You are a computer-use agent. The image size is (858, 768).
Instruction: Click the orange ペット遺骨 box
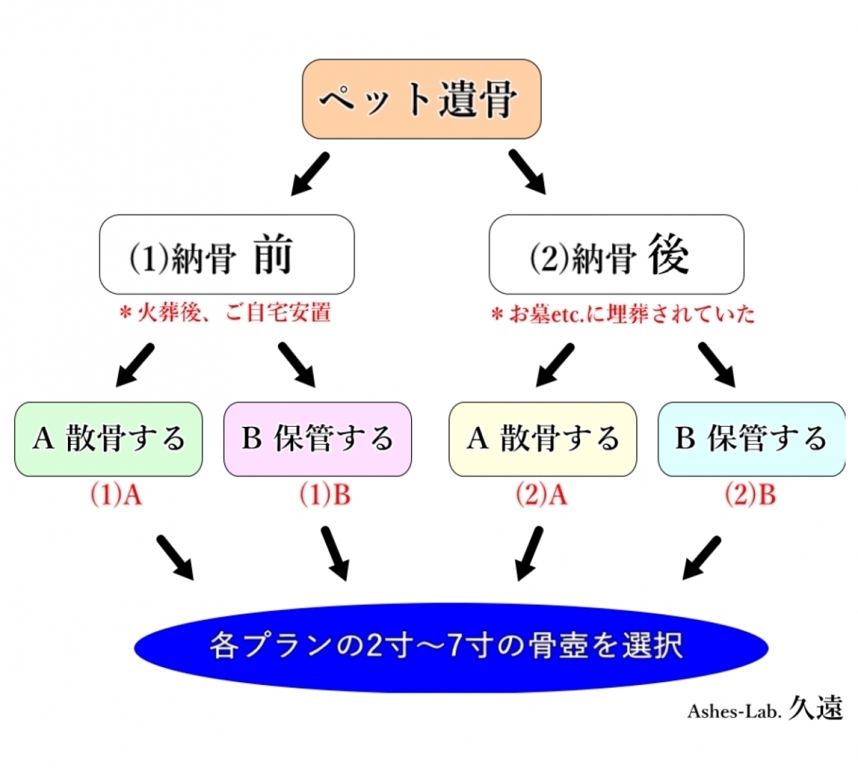tap(421, 99)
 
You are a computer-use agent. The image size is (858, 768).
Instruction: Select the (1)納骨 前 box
tap(227, 255)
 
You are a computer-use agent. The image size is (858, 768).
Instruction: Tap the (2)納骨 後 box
tap(616, 255)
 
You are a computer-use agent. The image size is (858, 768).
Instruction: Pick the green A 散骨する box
tap(109, 439)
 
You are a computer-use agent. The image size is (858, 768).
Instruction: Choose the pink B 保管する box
tap(317, 439)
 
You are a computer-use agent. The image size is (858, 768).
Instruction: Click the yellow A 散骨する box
tap(543, 439)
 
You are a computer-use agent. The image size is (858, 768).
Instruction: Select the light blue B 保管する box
tap(751, 439)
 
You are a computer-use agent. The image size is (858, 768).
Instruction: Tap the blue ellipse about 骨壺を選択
tap(450, 646)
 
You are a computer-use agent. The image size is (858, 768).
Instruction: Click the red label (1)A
tap(116, 495)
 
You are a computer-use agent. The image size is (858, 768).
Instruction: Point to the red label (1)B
tap(325, 495)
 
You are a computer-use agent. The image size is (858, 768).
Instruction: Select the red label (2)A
tap(541, 495)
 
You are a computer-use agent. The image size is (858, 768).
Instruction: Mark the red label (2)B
tap(750, 495)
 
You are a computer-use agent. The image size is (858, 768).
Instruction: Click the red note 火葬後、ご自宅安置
tap(225, 313)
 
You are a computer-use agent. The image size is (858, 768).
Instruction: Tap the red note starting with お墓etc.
tap(623, 314)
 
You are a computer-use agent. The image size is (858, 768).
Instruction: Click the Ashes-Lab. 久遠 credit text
tap(765, 709)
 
